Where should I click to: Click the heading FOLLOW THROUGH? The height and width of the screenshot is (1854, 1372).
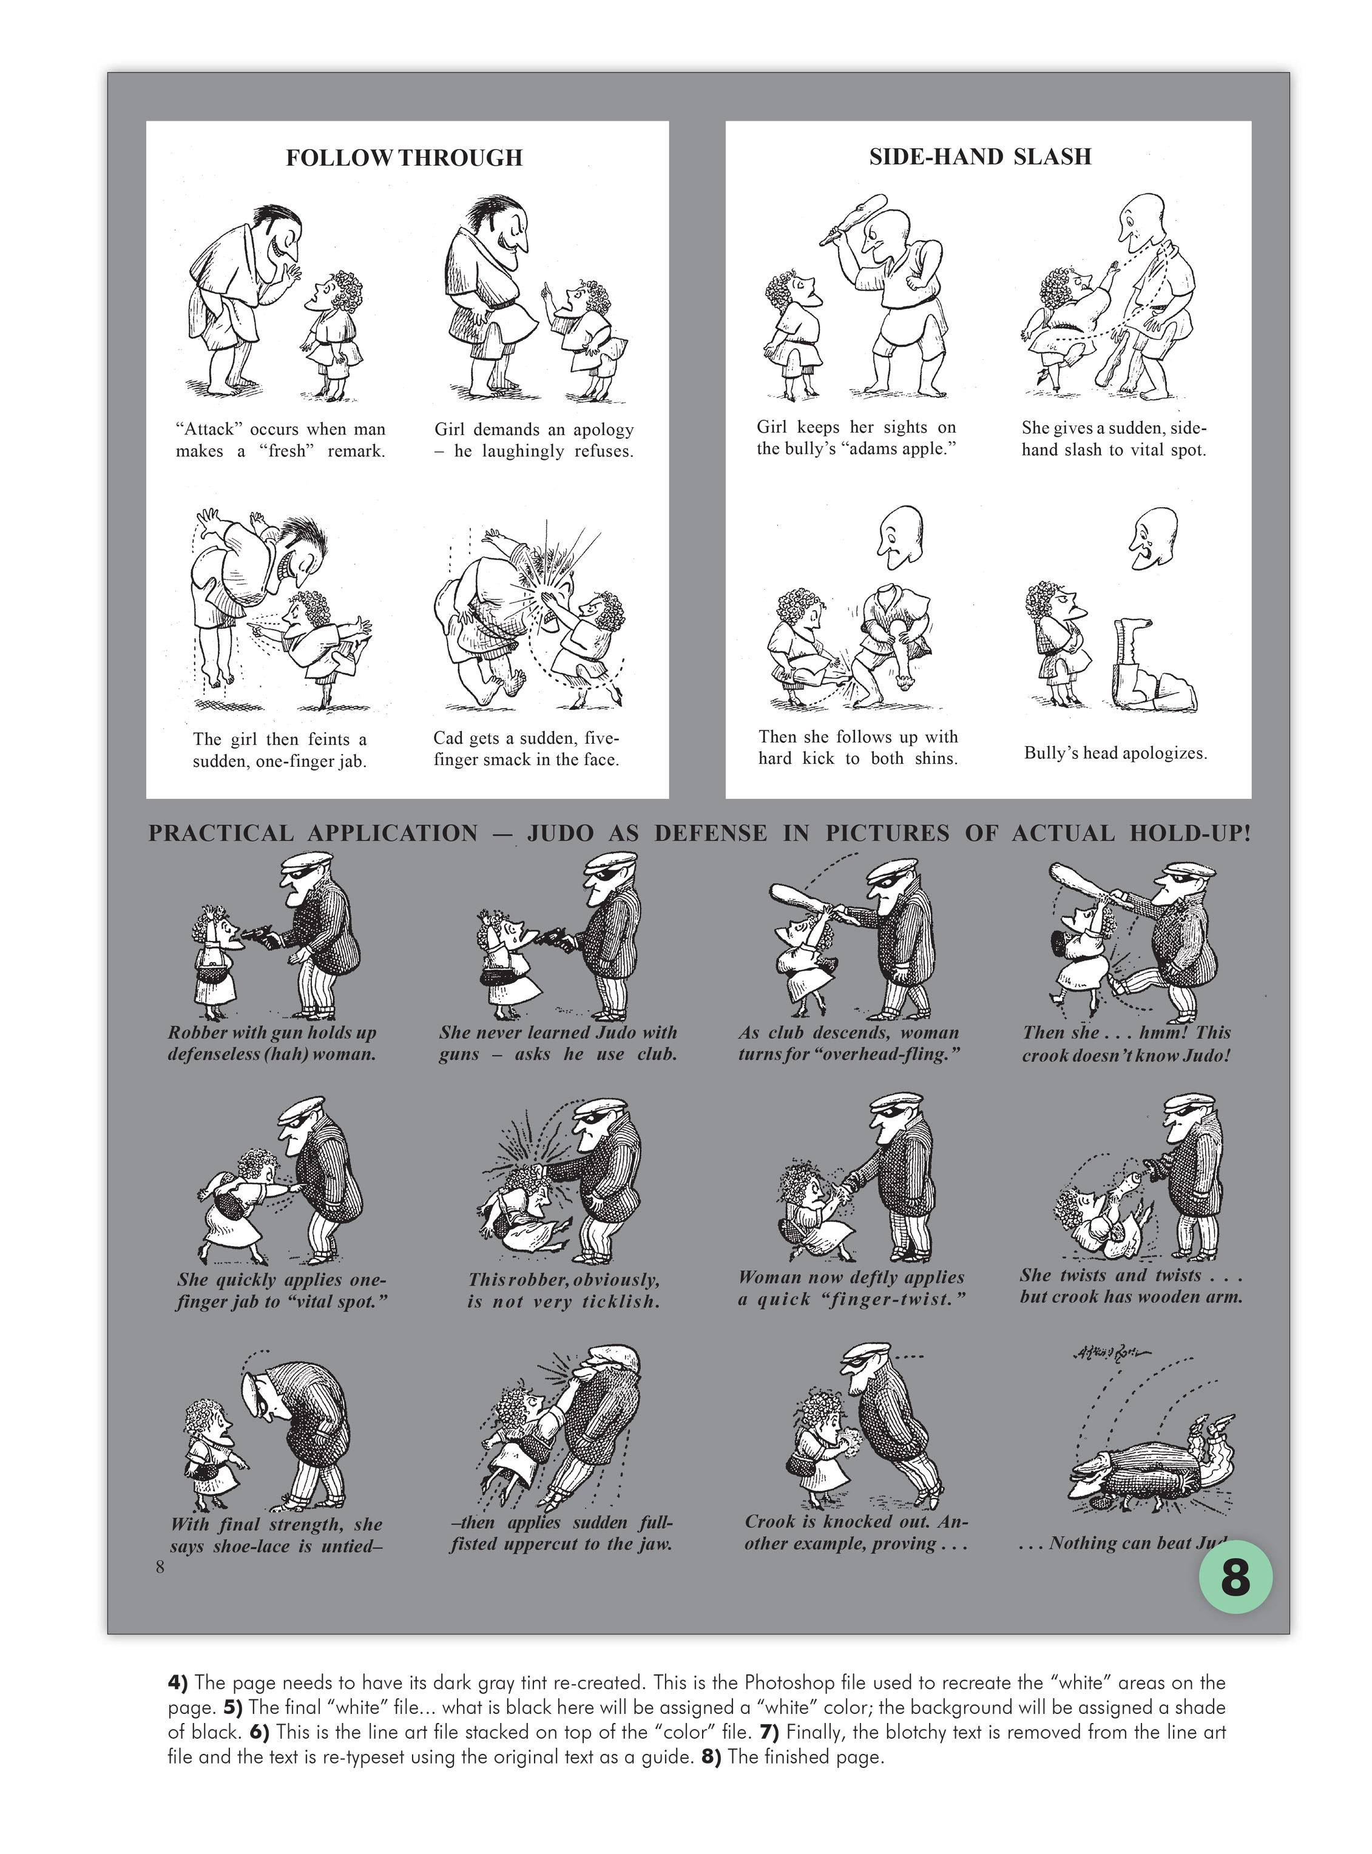405,158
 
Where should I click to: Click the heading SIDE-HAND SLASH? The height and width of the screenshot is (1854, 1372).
980,156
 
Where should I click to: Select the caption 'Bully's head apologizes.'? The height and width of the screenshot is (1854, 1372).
1115,753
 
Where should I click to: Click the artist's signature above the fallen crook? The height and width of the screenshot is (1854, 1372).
1110,1352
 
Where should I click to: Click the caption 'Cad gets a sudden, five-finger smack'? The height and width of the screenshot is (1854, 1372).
525,749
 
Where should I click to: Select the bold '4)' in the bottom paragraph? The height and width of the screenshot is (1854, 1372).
178,1683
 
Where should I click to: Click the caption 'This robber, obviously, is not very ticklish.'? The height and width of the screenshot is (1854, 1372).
563,1290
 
